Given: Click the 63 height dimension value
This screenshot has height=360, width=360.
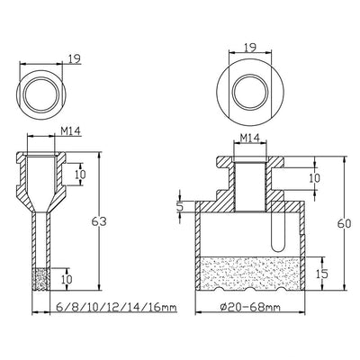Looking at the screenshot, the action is tap(99, 221).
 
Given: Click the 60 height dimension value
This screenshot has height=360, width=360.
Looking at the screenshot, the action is tap(344, 224).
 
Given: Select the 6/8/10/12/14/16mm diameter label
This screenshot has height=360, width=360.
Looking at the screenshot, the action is tap(116, 307).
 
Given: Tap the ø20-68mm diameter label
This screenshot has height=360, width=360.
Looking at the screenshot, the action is tap(250, 307).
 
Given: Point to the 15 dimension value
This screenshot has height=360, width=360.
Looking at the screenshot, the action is tap(322, 274).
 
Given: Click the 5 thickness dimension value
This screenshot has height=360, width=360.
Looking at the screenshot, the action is tap(179, 206).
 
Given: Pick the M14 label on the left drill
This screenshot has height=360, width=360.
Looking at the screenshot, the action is tap(71, 131).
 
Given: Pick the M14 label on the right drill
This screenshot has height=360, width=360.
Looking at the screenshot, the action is tap(249, 138).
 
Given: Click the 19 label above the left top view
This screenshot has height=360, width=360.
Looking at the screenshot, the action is tap(74, 59).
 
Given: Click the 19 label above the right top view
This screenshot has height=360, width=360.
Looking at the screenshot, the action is tap(249, 48).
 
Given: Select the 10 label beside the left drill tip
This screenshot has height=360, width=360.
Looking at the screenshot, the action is tap(67, 279).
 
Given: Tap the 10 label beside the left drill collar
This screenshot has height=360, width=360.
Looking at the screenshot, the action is tap(80, 175).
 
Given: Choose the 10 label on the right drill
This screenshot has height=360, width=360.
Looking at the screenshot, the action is tap(314, 178).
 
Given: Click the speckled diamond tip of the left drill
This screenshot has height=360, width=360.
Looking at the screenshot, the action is tap(40, 279).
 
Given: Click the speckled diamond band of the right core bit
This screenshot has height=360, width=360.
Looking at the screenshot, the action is tap(250, 273).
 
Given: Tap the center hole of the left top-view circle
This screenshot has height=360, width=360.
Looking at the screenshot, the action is tap(40, 94).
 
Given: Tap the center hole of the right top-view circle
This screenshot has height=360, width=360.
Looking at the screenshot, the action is tap(250, 92).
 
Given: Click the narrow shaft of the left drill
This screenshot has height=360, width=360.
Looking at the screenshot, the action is tap(40, 240).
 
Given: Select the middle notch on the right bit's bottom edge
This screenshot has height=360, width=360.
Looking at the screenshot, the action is tap(250, 289).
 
